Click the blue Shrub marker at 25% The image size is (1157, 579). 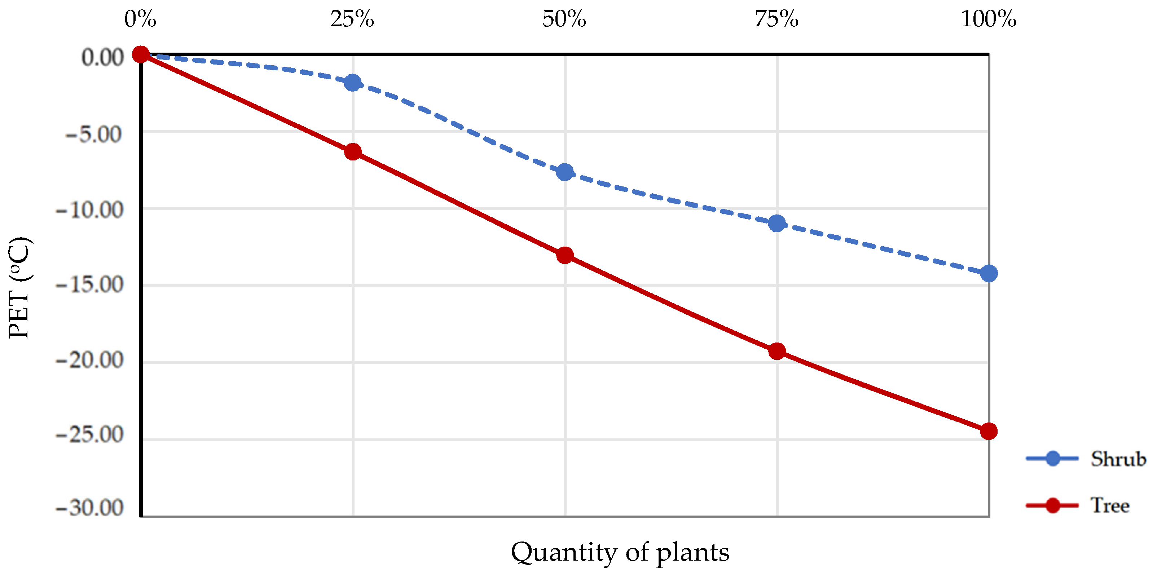click(x=353, y=83)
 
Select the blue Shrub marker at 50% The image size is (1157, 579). click(x=564, y=172)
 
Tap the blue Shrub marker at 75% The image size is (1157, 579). click(x=777, y=223)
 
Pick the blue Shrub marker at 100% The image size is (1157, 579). click(x=989, y=273)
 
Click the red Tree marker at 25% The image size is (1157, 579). click(x=353, y=152)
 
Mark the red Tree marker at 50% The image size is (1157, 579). click(x=564, y=255)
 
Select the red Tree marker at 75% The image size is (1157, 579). click(x=777, y=351)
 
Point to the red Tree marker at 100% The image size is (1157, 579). click(x=989, y=431)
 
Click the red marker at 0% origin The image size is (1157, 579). click(x=141, y=54)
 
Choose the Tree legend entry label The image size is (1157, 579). click(x=1110, y=505)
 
